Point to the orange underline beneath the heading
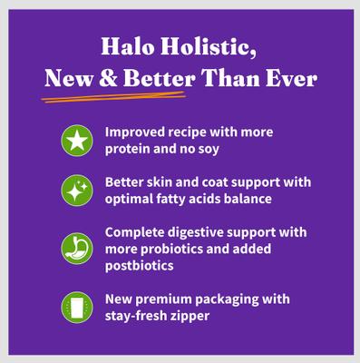pyautogui.click(x=118, y=93)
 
